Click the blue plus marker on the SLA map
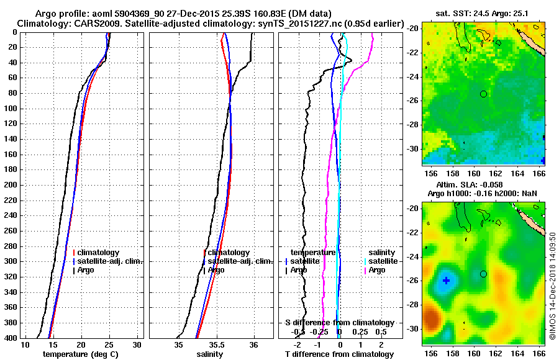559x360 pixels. pyautogui.click(x=446, y=281)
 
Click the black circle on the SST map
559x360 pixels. pyautogui.click(x=483, y=94)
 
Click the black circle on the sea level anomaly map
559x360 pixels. pyautogui.click(x=483, y=274)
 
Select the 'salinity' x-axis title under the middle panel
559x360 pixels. pyautogui.click(x=210, y=354)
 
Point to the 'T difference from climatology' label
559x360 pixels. pyautogui.click(x=339, y=354)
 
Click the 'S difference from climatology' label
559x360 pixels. pyautogui.click(x=339, y=323)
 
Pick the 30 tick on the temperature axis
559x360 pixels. pyautogui.click(x=137, y=344)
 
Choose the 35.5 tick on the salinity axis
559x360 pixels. pyautogui.click(x=216, y=344)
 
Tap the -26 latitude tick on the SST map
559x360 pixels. pyautogui.click(x=413, y=101)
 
